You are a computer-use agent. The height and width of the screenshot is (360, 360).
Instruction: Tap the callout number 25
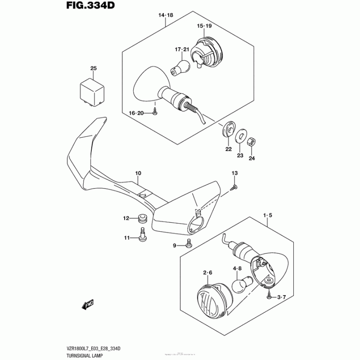[93, 68]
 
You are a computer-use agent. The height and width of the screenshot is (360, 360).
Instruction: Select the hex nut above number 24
[252, 142]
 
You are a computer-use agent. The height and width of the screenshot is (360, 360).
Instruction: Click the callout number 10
[138, 173]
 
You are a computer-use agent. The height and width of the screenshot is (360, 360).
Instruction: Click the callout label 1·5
[268, 216]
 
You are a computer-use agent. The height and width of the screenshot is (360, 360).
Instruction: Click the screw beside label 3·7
[270, 295]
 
